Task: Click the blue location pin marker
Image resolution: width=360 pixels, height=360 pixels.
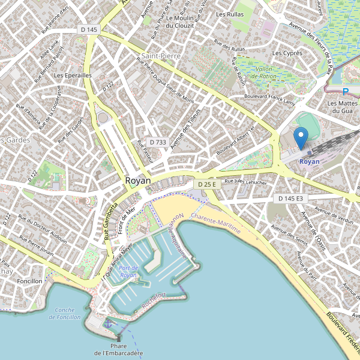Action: point(301,137)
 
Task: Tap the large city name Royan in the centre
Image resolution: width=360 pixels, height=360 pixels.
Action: point(138,180)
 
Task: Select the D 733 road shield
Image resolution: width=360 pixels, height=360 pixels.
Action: point(157,142)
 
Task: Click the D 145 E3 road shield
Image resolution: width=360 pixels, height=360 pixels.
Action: point(290,198)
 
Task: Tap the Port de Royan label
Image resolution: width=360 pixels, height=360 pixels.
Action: point(128,271)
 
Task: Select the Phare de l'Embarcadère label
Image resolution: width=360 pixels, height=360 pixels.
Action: point(118,350)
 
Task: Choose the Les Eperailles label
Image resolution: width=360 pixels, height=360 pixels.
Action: point(73,76)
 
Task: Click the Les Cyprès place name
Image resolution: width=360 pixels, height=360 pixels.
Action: point(287,53)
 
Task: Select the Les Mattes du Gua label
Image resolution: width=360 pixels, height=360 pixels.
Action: point(340,107)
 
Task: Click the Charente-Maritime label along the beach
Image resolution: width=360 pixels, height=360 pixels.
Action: point(215,223)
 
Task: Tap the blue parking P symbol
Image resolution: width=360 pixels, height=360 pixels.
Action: point(345,92)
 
